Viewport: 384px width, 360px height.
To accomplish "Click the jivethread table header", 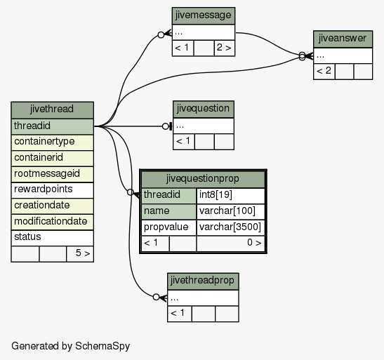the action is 52,110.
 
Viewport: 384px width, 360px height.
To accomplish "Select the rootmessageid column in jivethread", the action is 52,174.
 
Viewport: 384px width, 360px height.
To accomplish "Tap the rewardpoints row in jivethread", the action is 52,190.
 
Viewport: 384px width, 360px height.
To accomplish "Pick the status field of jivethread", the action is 52,238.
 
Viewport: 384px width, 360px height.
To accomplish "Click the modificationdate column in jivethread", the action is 52,222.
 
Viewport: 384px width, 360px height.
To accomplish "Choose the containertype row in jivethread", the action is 52,142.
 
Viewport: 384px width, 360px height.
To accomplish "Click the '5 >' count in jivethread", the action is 80,254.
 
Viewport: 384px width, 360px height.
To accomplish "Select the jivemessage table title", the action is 204,15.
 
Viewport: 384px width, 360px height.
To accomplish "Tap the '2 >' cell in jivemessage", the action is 225,48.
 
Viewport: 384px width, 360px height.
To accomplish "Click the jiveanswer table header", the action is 343,39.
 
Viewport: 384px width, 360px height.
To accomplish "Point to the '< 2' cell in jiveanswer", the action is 324,72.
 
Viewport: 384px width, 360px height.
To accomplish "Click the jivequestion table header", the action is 204,109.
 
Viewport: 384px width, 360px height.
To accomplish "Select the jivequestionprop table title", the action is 203,180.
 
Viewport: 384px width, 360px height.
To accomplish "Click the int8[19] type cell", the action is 230,196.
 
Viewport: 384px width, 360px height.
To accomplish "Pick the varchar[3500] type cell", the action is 230,228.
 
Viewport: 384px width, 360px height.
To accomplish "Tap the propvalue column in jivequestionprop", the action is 168,228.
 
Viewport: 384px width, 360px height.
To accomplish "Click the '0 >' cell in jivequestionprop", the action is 230,244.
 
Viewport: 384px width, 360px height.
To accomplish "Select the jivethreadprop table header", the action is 203,281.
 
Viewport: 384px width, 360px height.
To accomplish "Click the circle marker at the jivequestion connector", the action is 166,126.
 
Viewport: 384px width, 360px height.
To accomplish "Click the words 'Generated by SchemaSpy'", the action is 70,346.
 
